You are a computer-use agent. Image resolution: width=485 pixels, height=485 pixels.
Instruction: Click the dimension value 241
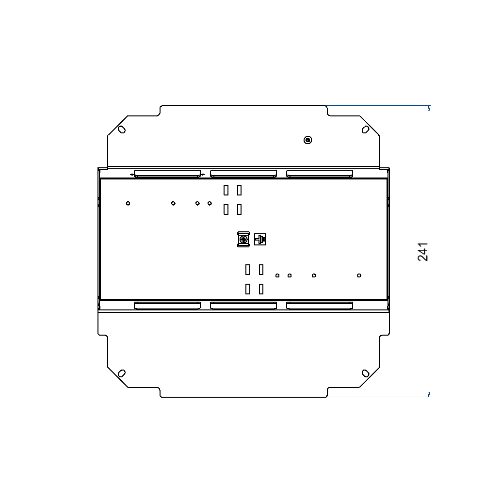pos(423,252)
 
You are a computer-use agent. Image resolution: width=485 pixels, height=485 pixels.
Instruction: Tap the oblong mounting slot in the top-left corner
pos(122,129)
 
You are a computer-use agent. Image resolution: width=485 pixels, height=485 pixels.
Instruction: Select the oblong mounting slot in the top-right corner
pos(365,129)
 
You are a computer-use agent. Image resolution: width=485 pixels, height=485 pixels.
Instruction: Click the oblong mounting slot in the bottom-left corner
pos(122,373)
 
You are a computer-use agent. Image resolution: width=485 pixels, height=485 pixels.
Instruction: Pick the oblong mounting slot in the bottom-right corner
pos(365,373)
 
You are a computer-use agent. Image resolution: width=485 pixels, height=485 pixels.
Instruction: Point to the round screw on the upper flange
pos(307,140)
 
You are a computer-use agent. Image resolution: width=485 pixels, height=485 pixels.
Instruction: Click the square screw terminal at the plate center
pos(243,239)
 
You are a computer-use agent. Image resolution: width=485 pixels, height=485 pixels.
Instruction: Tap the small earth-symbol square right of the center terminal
pos(260,239)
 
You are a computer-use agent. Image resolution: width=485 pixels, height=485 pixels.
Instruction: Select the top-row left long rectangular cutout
pos(167,173)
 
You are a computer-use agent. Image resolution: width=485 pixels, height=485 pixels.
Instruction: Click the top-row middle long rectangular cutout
pos(243,173)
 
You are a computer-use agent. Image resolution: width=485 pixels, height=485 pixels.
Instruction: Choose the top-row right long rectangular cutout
pos(320,173)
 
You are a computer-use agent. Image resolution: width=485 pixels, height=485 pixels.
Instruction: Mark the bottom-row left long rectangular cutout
pos(167,305)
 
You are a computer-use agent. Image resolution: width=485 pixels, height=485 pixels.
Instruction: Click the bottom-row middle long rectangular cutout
pos(243,305)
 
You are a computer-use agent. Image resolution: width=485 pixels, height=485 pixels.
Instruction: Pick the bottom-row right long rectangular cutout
pos(320,305)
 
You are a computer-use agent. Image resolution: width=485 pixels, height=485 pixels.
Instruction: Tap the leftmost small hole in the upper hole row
pos(128,203)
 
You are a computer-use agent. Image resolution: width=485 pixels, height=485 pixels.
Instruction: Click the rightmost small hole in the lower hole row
pos(359,275)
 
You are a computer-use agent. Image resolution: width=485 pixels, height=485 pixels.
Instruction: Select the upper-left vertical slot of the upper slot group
pos(226,190)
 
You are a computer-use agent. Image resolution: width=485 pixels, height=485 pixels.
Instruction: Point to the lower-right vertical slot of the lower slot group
pos(261,289)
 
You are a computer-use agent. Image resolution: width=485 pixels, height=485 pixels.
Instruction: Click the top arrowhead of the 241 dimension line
pos(429,108)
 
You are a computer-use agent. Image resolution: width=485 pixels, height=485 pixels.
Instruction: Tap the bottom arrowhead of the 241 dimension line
pos(429,394)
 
